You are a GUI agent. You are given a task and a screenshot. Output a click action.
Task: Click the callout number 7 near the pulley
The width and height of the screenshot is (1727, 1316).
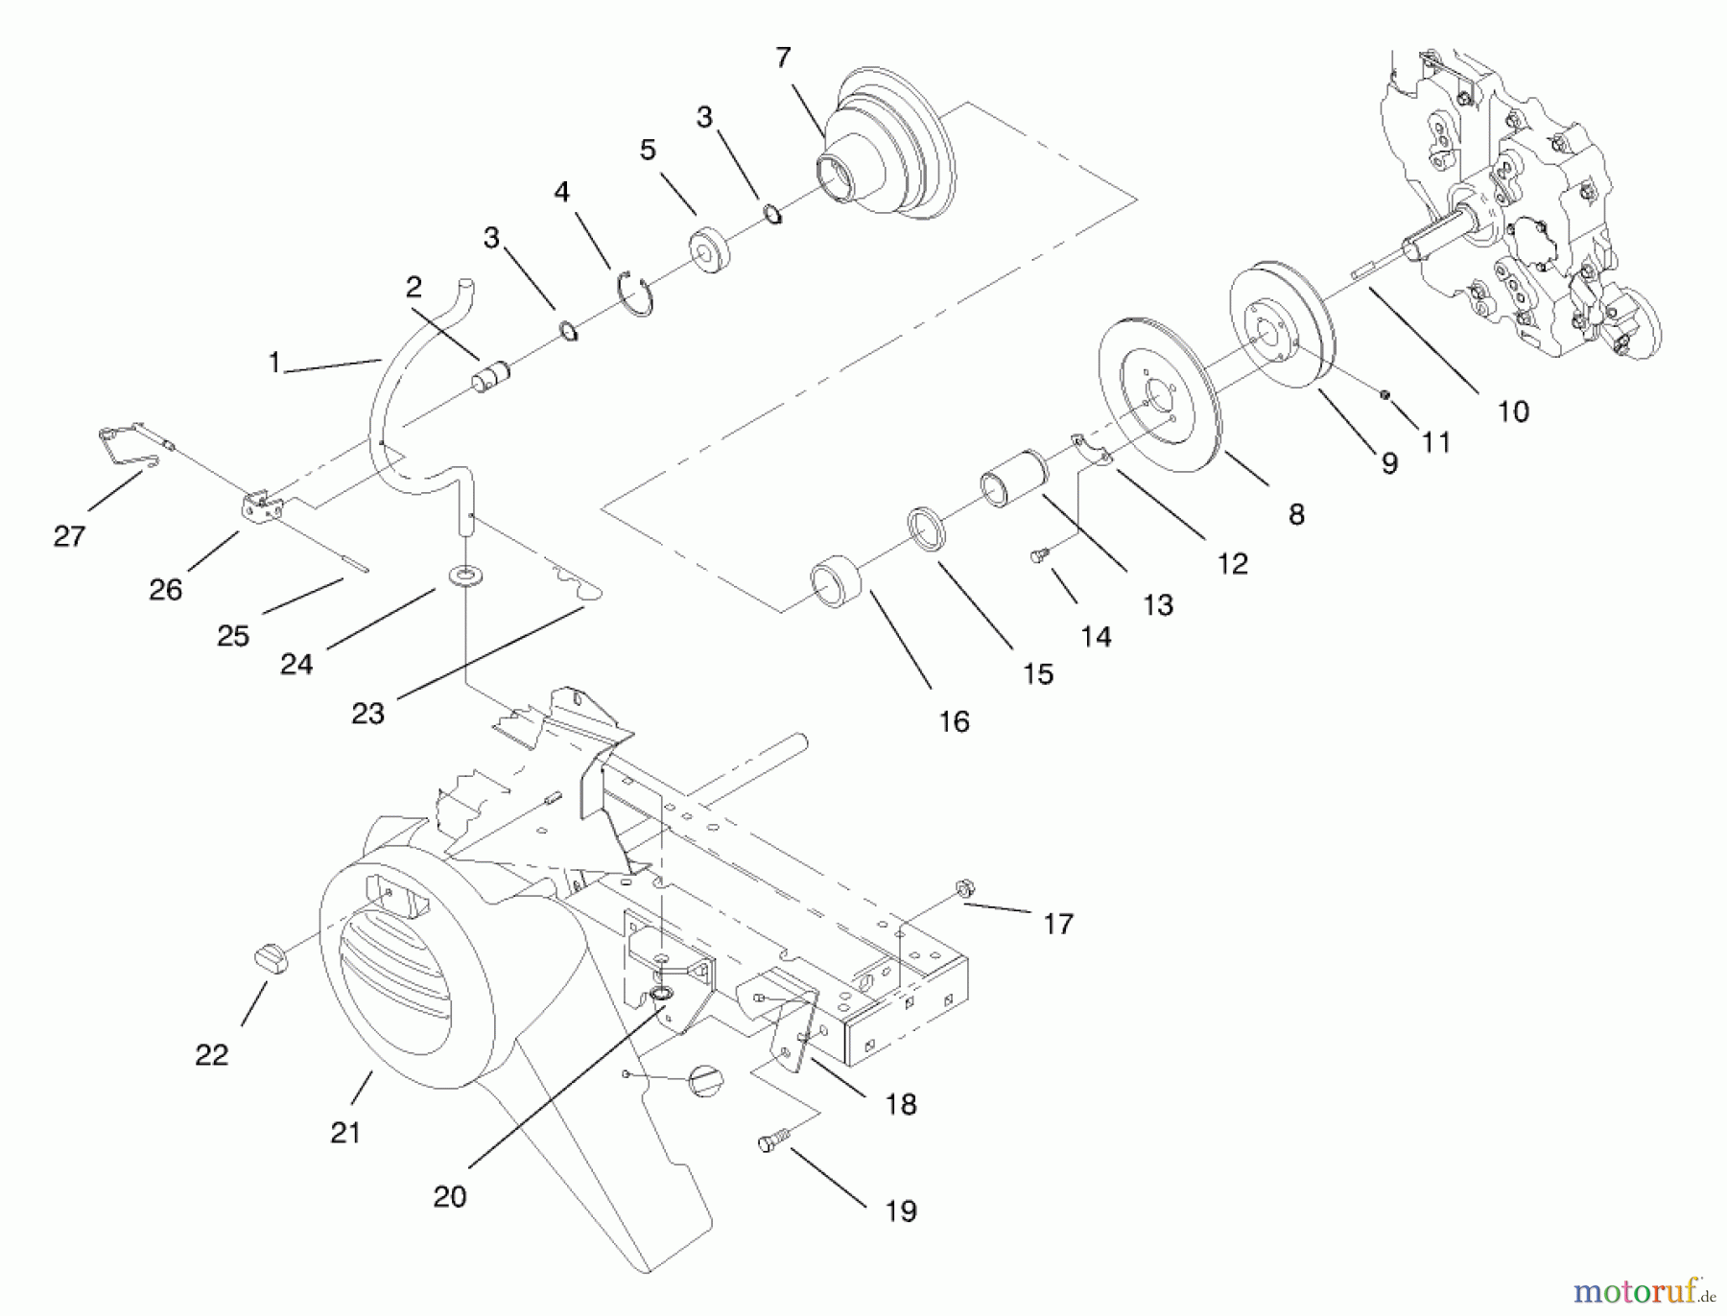783,59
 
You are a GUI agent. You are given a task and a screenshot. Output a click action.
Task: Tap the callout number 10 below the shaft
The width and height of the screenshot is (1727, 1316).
1512,411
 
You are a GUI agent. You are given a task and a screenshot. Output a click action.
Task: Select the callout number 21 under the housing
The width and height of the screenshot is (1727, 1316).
344,1132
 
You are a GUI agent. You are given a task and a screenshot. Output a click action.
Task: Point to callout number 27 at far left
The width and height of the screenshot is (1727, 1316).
69,535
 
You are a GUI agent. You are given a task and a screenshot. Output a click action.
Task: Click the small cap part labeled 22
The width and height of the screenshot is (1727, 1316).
271,957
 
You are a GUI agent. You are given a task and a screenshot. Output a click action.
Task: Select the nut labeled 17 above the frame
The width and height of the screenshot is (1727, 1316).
965,889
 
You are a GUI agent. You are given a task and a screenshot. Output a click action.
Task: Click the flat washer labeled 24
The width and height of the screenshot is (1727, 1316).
466,576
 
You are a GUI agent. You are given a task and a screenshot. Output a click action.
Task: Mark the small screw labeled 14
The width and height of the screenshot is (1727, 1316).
1037,553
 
